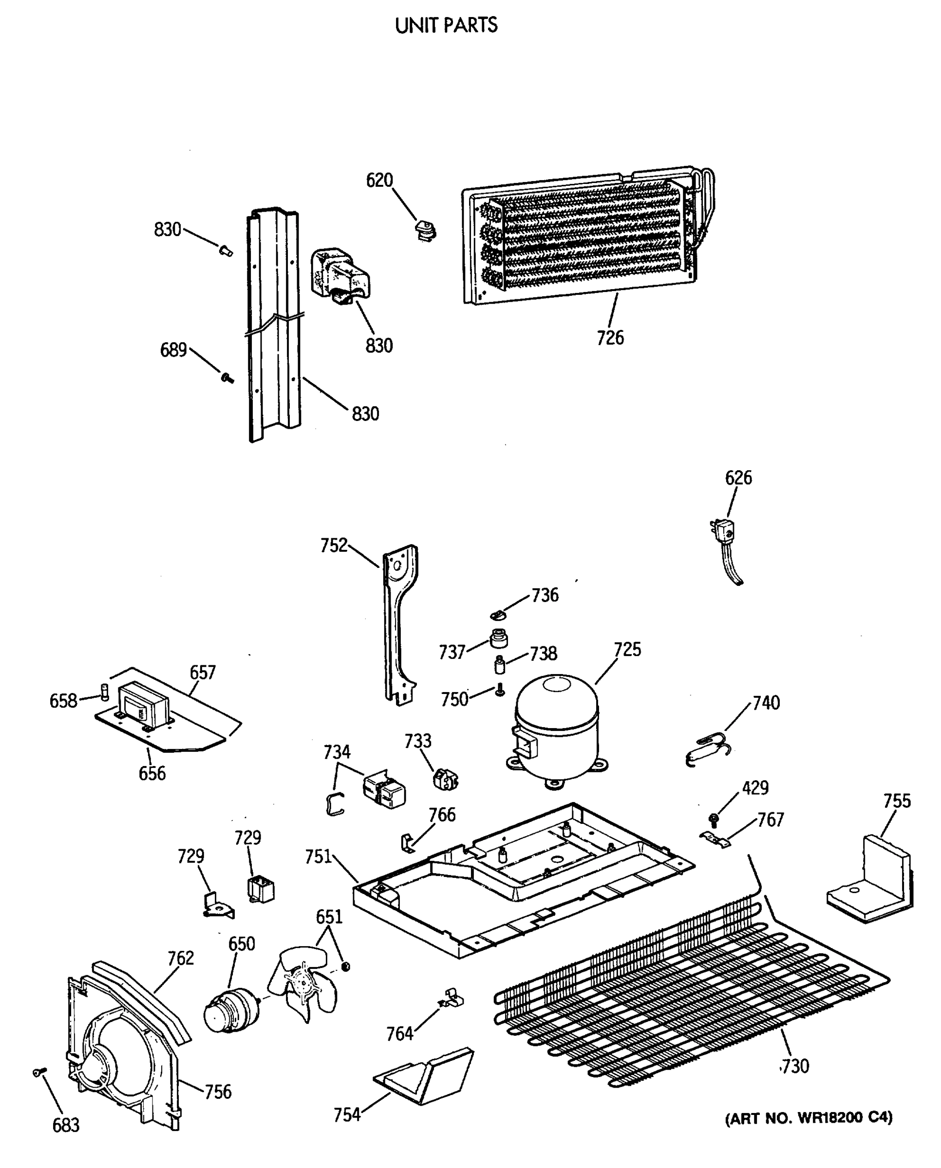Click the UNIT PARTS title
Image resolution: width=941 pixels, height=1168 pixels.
[446, 25]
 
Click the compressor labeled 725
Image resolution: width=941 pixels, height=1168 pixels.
[557, 726]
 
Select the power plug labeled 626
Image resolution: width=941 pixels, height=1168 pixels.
[724, 531]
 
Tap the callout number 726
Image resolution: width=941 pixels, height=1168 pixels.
[610, 338]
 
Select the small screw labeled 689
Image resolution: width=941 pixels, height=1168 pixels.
[227, 378]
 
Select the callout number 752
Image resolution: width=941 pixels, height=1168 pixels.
[333, 546]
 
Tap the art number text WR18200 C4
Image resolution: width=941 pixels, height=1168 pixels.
[809, 1117]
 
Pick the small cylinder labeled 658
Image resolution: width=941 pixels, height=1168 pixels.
[105, 692]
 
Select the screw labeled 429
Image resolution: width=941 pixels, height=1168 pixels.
[714, 819]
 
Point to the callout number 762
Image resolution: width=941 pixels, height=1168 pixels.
[181, 958]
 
